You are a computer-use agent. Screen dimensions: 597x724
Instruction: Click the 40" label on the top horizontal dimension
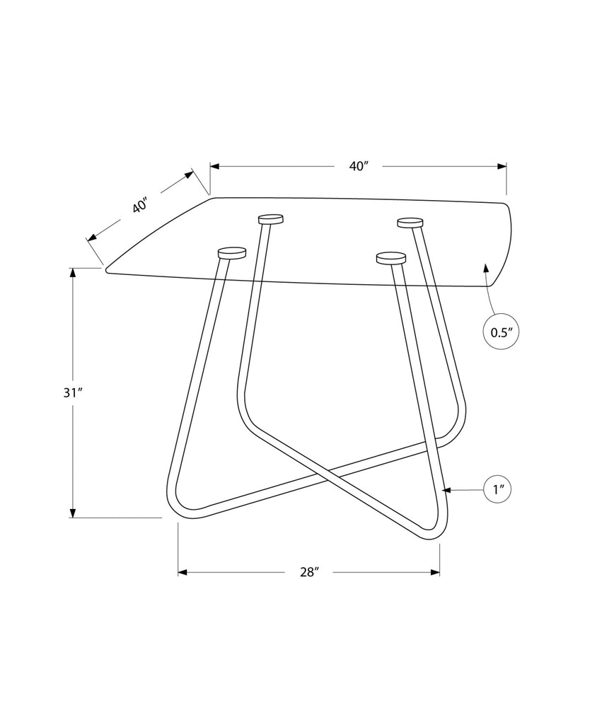[358, 166]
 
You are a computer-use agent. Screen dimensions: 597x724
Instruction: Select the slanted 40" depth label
[140, 205]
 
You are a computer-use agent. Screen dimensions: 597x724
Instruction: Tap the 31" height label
[73, 393]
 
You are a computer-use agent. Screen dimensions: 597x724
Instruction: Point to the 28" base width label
[310, 572]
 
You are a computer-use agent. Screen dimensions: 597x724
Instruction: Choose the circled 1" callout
[497, 489]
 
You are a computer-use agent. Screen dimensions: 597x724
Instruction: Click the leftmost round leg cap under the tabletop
[232, 252]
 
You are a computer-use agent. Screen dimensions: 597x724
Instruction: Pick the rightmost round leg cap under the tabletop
[410, 223]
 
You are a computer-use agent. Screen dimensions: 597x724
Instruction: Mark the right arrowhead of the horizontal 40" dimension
[502, 166]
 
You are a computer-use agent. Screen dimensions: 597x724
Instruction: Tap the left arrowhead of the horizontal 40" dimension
[215, 166]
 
